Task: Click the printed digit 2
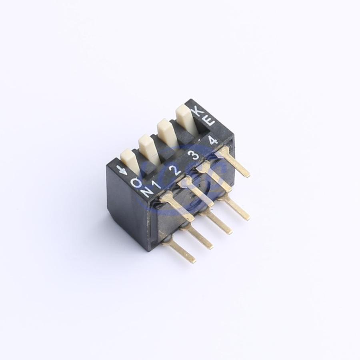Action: coord(175,170)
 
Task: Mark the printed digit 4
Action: coord(212,140)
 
